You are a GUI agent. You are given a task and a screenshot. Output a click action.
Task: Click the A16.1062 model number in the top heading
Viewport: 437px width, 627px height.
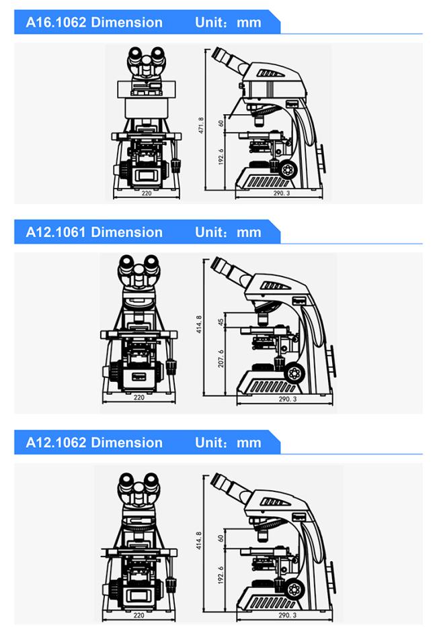(x=56, y=22)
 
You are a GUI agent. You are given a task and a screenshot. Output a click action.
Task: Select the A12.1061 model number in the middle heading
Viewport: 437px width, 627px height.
(x=56, y=232)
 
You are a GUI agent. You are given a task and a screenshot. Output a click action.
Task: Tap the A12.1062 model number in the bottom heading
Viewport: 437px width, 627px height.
(x=56, y=442)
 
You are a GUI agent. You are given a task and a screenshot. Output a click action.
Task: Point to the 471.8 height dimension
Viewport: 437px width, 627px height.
(x=200, y=125)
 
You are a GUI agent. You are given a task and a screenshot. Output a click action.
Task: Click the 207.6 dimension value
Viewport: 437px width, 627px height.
(x=221, y=358)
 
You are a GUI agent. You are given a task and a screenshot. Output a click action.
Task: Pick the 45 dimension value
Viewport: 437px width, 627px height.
(x=221, y=322)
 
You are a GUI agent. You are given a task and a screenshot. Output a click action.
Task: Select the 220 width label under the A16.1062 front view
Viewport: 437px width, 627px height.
(x=147, y=193)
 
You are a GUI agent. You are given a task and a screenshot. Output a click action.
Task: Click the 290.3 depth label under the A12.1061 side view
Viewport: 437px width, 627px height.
(x=288, y=399)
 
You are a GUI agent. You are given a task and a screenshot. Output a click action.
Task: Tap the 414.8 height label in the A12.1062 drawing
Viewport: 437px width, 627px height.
(x=199, y=540)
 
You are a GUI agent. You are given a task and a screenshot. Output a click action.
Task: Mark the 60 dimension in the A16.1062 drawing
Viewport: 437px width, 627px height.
(x=221, y=124)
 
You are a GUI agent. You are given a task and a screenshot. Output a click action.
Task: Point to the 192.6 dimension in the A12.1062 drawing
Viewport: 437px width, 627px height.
(x=221, y=575)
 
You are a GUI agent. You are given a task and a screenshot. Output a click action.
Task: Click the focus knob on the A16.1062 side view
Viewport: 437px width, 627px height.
(x=288, y=170)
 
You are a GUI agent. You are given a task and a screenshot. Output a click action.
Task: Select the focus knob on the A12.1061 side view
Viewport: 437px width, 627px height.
(x=294, y=373)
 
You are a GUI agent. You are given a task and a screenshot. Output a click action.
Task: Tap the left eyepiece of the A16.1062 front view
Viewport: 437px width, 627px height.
(x=135, y=56)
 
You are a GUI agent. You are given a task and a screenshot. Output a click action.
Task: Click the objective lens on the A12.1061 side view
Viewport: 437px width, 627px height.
(x=263, y=319)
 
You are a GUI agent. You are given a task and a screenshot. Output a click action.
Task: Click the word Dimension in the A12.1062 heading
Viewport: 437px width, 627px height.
(x=127, y=442)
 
